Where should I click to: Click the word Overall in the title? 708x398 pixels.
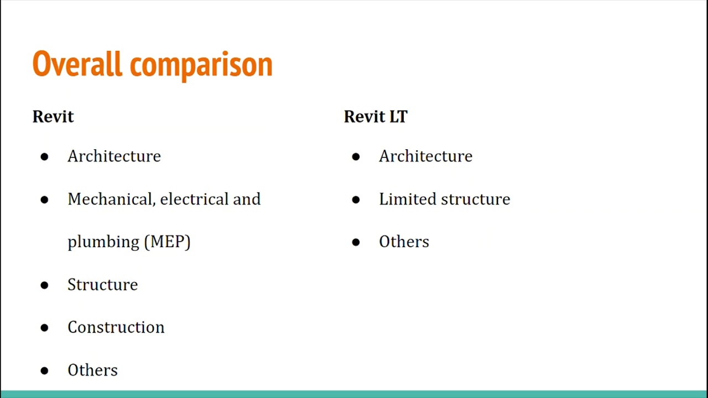77,64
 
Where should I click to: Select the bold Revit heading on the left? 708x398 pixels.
53,117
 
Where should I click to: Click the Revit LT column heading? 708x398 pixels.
376,117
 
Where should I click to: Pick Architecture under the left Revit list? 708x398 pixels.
114,156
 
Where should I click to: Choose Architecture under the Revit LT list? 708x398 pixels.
425,156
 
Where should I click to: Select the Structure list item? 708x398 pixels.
102,285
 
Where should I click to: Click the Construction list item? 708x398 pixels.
116,327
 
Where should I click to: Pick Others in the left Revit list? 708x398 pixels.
92,370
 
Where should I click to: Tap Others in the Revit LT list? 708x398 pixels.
404,242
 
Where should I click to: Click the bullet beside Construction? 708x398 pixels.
44,328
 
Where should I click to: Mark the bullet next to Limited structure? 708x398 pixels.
356,200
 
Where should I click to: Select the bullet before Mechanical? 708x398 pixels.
44,200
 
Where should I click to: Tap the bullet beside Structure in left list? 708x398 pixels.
44,285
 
